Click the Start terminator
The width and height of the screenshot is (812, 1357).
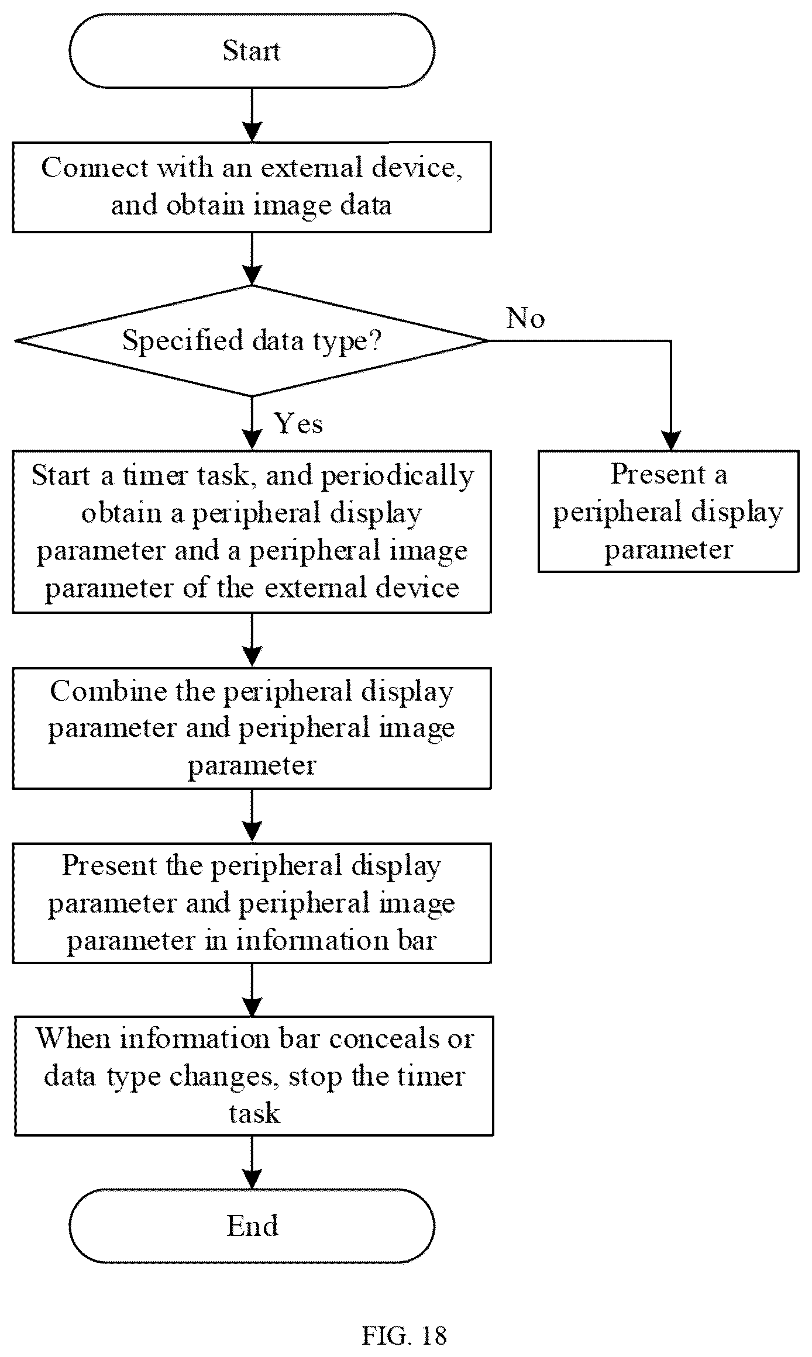pyautogui.click(x=252, y=51)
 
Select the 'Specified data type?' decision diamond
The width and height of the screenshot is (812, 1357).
pyautogui.click(x=252, y=341)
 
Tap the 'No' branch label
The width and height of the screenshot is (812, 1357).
pyautogui.click(x=525, y=319)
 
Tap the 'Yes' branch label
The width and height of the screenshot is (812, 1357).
pyautogui.click(x=298, y=423)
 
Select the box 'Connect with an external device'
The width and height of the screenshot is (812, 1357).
pyautogui.click(x=252, y=187)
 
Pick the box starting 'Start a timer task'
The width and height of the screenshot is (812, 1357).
pyautogui.click(x=252, y=531)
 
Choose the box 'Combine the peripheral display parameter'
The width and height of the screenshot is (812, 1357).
pyautogui.click(x=252, y=728)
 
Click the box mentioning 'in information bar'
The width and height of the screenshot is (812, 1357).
pyautogui.click(x=252, y=903)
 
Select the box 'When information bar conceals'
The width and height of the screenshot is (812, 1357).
pyautogui.click(x=254, y=1076)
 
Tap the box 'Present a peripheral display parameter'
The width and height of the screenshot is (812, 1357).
pyautogui.click(x=668, y=511)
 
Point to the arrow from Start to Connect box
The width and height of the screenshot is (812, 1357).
pyautogui.click(x=252, y=115)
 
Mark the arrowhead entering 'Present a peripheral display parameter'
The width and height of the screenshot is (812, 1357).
pyautogui.click(x=670, y=441)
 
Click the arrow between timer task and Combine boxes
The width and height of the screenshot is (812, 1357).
pyautogui.click(x=252, y=640)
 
